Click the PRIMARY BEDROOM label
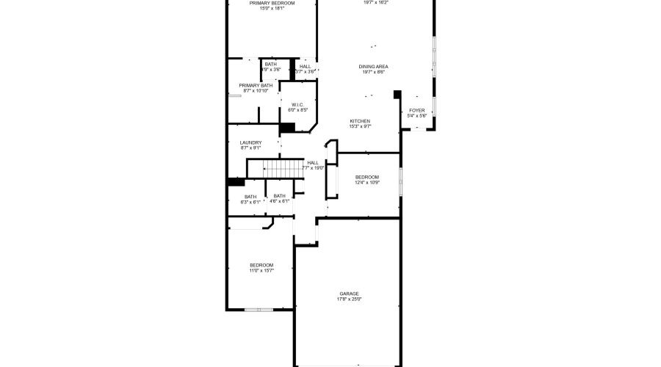point(272,4)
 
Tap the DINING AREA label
point(373,67)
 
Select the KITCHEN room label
point(359,121)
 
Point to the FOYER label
point(416,111)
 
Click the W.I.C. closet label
point(297,105)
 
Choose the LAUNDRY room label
point(250,143)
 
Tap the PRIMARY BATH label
point(255,86)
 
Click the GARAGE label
point(349,294)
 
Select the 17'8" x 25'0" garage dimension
point(349,299)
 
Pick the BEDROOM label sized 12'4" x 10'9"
point(366,177)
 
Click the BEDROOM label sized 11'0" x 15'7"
point(261,266)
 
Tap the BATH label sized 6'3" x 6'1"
point(250,196)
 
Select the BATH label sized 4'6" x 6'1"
point(279,196)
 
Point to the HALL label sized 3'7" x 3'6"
point(305,67)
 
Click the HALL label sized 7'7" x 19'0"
point(313,163)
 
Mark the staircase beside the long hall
point(283,169)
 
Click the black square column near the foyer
point(397,94)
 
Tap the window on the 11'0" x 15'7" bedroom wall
point(259,310)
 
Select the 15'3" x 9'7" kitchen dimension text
point(359,126)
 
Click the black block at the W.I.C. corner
point(286,128)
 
